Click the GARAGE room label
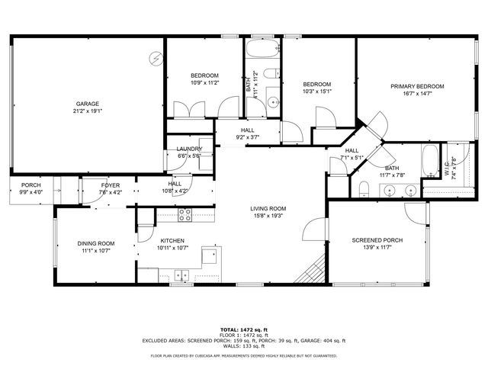(x=87, y=104)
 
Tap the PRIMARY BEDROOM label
(x=417, y=86)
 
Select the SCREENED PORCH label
(x=377, y=240)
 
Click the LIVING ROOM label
(x=268, y=208)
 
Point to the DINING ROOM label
(x=96, y=243)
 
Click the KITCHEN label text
(x=172, y=240)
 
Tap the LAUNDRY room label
(x=189, y=149)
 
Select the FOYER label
(x=111, y=185)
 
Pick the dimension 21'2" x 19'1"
(x=87, y=111)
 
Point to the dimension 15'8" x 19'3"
(x=268, y=215)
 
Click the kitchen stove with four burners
(x=185, y=215)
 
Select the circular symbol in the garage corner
(x=156, y=57)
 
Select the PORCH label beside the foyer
(x=31, y=185)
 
